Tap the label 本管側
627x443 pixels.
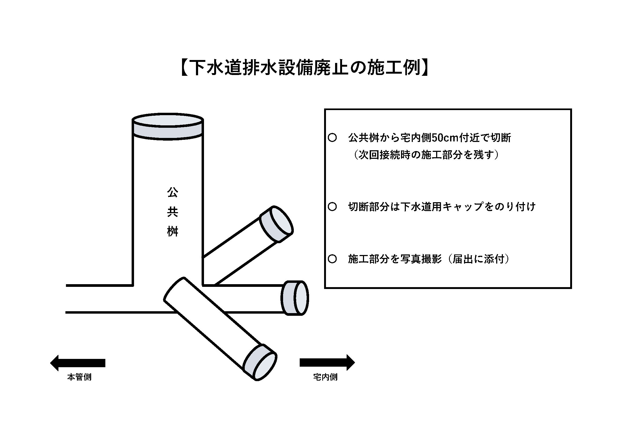point(79,377)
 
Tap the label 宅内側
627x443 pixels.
point(325,377)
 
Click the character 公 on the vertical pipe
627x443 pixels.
point(173,193)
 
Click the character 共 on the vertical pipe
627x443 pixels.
point(173,212)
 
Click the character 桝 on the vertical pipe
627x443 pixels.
point(173,232)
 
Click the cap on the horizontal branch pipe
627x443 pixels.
point(295,298)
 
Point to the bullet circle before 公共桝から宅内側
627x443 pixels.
point(332,138)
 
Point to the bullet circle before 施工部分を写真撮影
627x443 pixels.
point(332,259)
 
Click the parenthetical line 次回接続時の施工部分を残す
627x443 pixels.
point(426,155)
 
